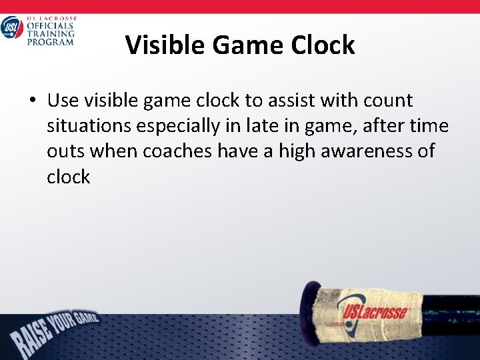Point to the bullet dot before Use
[x=32, y=101]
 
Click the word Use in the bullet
[x=63, y=101]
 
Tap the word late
[x=265, y=125]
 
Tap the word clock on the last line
[x=68, y=177]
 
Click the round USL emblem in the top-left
[x=11, y=28]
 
